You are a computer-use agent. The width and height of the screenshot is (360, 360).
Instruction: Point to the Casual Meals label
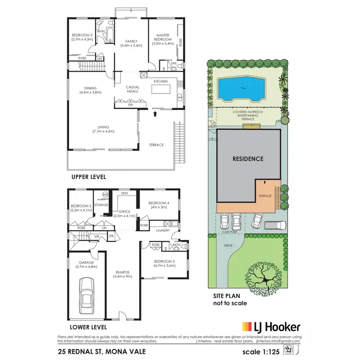coord(132,90)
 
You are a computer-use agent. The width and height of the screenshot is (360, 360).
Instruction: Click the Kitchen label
coord(160,82)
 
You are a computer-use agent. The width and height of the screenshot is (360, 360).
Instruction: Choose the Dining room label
coord(90,88)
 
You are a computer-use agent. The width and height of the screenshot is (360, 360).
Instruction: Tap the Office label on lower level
coord(125,212)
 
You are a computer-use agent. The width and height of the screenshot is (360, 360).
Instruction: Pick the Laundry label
coord(163,230)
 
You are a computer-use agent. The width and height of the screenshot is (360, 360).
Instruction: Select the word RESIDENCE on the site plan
coord(248,159)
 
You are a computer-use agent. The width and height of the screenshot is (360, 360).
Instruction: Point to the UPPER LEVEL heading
coord(88,177)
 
